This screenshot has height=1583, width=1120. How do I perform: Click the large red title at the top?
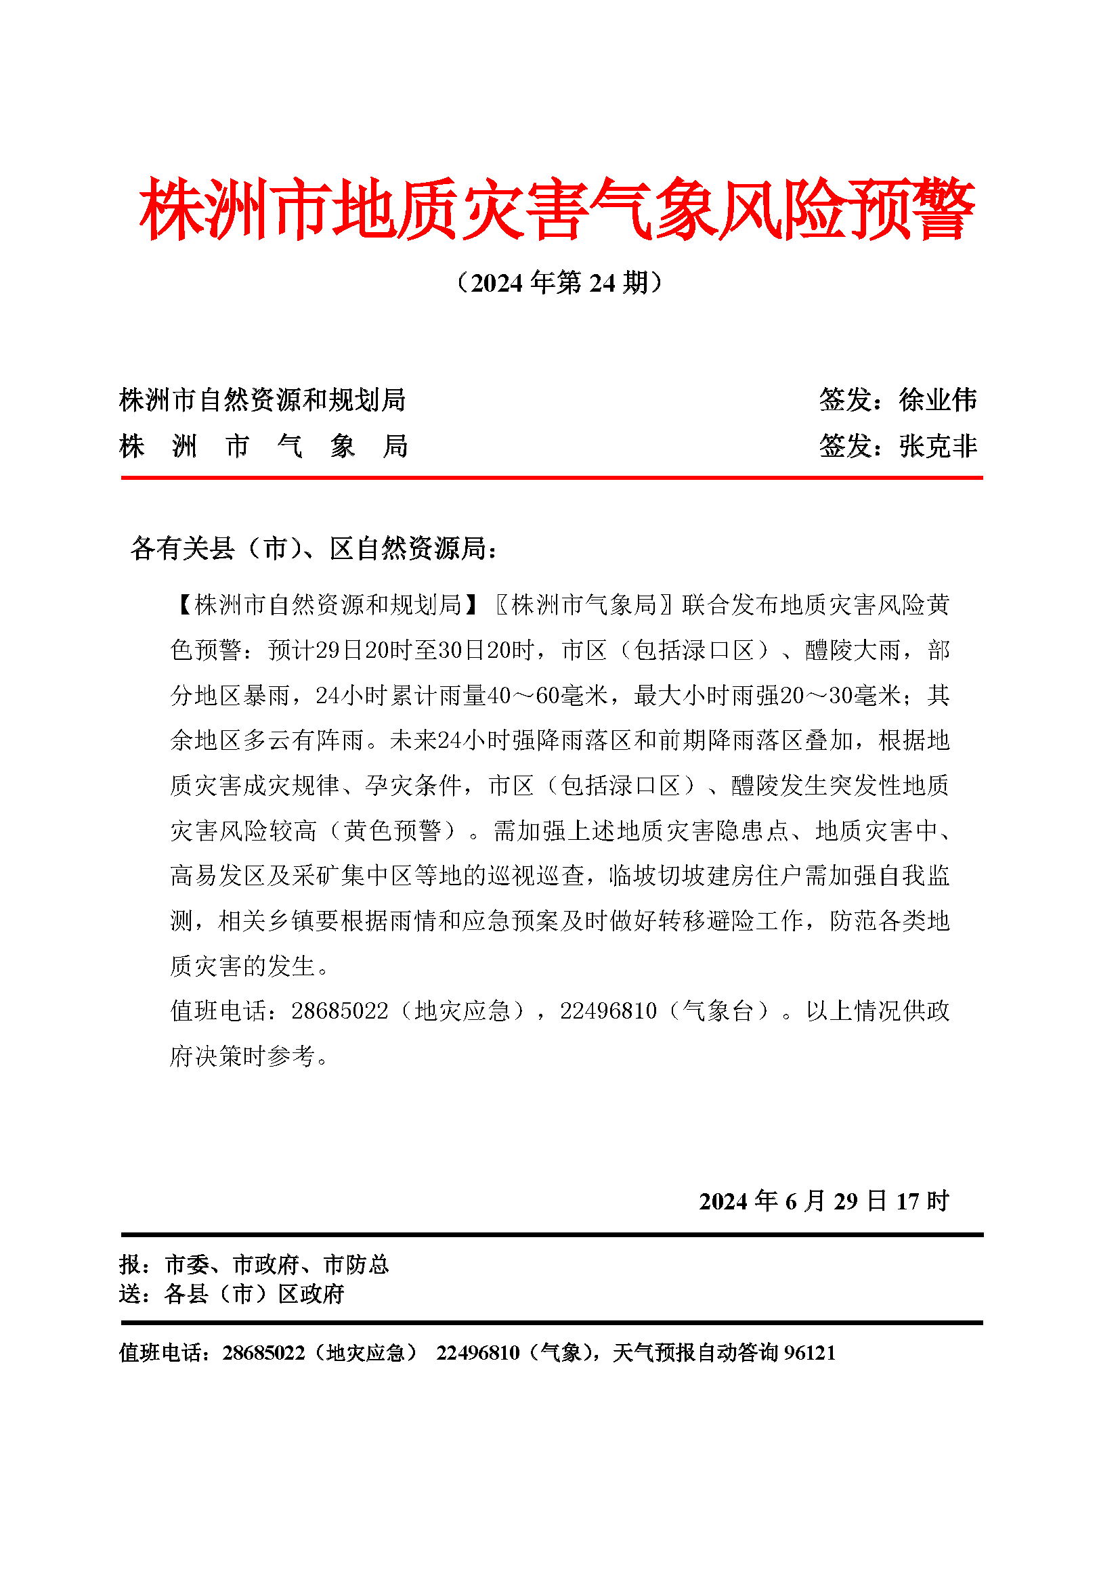[x=557, y=209]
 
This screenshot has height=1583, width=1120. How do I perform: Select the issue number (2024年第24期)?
[x=559, y=283]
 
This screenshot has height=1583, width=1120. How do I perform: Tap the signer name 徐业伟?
[x=938, y=400]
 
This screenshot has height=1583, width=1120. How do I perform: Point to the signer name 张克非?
[x=938, y=446]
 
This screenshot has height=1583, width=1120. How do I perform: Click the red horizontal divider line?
[x=552, y=477]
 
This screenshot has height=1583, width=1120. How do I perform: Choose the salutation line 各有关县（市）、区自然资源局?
[x=314, y=549]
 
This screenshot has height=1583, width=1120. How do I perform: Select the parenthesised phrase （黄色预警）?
[x=393, y=831]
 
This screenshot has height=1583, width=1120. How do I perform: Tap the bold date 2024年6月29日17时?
[x=824, y=1201]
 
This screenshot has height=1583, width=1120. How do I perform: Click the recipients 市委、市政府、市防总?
[x=276, y=1264]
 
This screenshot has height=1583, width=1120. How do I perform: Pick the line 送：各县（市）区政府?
[x=232, y=1294]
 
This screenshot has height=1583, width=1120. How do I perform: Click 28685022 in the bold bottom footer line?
[x=263, y=1353]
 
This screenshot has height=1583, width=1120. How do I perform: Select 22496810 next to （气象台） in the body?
[x=608, y=1011]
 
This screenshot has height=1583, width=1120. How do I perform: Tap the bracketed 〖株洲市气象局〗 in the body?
[x=584, y=605]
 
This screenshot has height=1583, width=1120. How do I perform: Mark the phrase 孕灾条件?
[x=413, y=785]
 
